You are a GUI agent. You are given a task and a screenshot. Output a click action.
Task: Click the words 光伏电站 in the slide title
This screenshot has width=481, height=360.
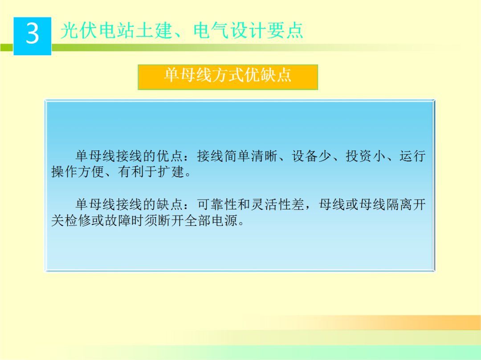(x=85, y=31)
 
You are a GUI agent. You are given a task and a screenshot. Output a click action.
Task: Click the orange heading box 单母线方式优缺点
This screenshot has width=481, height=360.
(x=228, y=77)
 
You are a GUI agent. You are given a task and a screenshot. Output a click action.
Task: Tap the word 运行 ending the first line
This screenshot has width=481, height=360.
(x=413, y=156)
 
